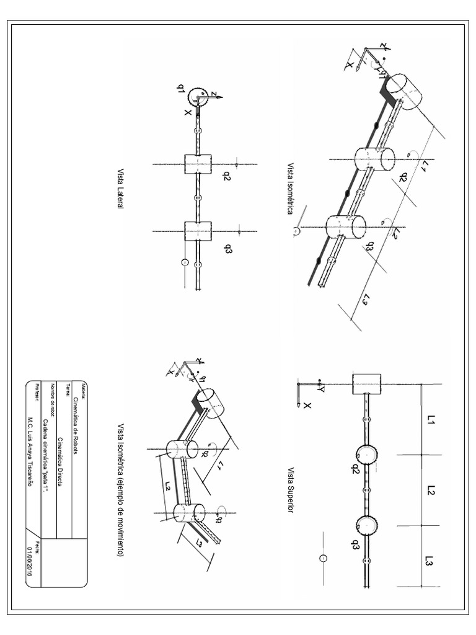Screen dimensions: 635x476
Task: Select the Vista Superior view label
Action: click(291, 492)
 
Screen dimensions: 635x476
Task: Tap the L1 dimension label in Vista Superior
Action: click(430, 421)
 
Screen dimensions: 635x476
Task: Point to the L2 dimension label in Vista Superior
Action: click(430, 491)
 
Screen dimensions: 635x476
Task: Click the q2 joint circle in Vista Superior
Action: click(366, 455)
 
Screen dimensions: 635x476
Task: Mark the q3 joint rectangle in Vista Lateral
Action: click(198, 231)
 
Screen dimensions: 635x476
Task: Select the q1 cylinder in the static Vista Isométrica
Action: click(405, 89)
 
